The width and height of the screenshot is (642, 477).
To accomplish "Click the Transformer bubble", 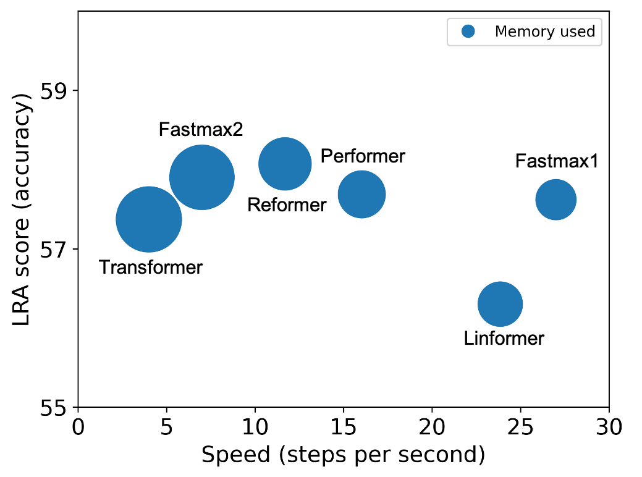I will [x=149, y=219].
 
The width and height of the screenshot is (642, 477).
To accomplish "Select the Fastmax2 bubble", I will [x=201, y=177].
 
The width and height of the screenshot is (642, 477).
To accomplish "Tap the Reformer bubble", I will [x=285, y=164].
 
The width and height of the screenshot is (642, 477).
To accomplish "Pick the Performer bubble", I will [x=362, y=194].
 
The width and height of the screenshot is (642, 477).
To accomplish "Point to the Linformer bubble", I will [x=501, y=304].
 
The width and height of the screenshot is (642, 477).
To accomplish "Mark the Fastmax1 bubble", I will [x=556, y=199].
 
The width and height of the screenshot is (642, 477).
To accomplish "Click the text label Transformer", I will [x=151, y=268].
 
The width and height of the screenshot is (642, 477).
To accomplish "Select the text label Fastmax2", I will [x=201, y=130].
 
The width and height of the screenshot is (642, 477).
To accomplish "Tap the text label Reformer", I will [x=287, y=205].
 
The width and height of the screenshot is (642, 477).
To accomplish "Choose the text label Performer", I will [x=363, y=156].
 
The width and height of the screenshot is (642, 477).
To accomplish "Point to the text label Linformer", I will [x=504, y=339].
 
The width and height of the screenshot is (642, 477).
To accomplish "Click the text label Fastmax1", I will [x=557, y=161].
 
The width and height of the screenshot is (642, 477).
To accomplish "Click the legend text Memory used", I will [x=545, y=32].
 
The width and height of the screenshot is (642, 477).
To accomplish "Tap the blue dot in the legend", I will [x=468, y=32].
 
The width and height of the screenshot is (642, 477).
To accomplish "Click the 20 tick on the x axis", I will [x=432, y=426].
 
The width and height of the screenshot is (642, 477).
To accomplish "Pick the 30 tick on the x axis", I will [x=609, y=426].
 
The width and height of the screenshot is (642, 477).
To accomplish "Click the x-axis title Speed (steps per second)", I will [x=343, y=455].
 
